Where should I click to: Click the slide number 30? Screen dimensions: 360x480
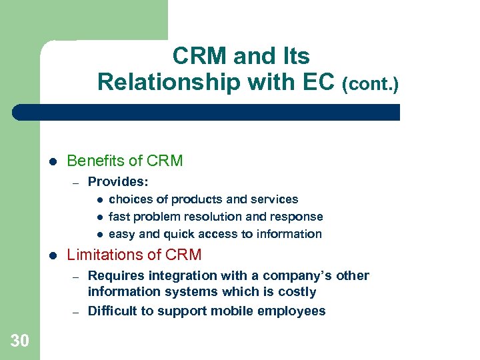[x=20, y=341]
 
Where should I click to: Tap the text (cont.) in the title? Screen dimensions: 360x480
[x=370, y=85]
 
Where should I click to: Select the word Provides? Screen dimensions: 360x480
[x=118, y=181]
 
